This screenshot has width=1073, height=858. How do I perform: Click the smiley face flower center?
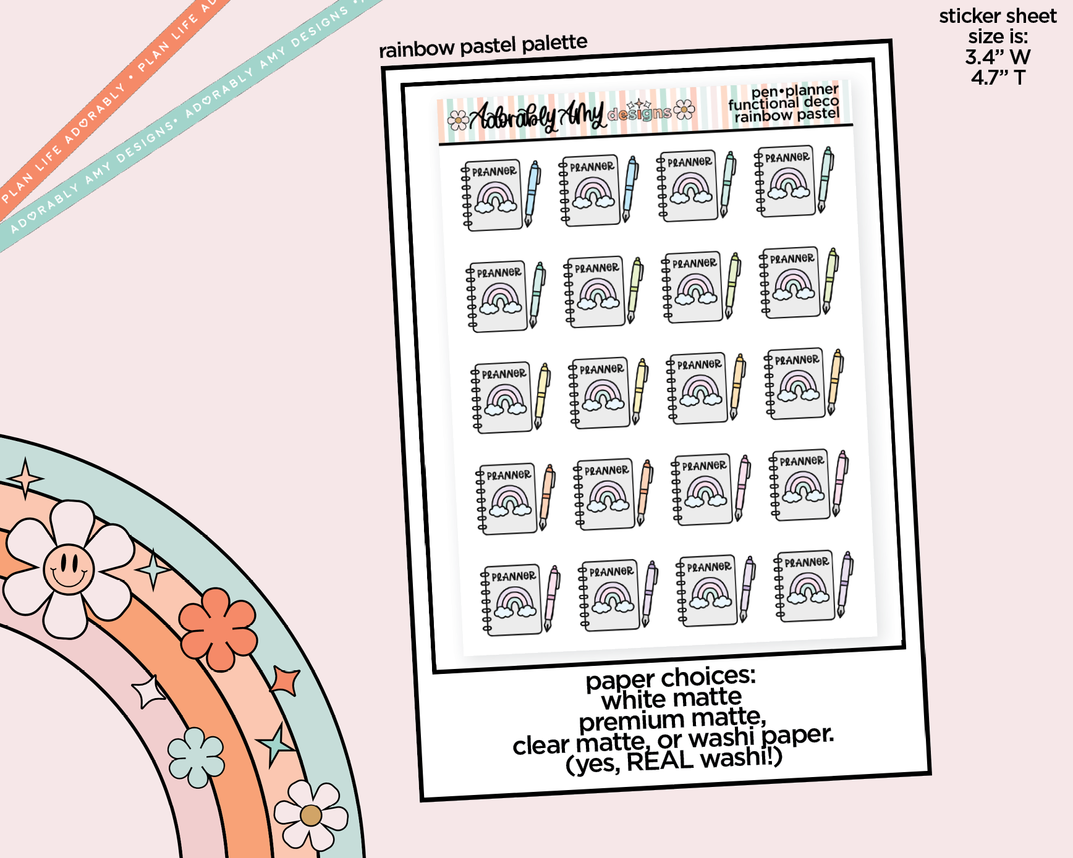coord(69,569)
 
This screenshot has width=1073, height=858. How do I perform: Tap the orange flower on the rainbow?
coord(218,628)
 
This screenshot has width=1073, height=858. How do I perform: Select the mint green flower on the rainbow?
coord(196,757)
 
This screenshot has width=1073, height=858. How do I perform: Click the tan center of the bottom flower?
coord(311,815)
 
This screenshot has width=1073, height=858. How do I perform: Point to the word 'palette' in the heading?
coord(554,43)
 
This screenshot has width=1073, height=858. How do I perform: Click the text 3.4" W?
coord(998,57)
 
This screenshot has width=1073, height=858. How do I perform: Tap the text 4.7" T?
coord(998,77)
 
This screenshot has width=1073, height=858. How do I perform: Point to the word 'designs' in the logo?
coord(639,114)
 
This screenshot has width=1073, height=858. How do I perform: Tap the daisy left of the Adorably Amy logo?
coord(458,120)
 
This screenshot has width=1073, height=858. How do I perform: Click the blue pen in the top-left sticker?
coord(532,193)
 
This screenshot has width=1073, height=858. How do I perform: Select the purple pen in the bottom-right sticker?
coord(845,584)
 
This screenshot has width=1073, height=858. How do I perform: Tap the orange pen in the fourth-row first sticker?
coord(547,497)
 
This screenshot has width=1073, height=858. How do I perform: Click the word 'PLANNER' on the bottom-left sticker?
coord(514,576)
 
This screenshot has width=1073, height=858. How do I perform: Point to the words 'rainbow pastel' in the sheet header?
coord(787,115)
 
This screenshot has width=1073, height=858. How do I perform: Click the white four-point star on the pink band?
coord(147,692)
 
